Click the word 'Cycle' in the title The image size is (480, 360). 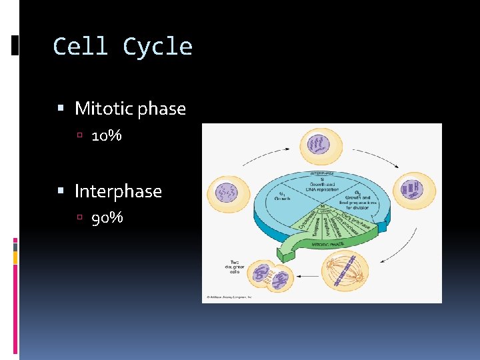click(x=157, y=47)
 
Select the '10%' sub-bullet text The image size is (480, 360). click(x=107, y=136)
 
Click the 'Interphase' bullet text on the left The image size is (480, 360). click(x=118, y=191)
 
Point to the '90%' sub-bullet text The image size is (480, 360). click(x=107, y=218)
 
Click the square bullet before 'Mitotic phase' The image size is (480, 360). click(x=61, y=108)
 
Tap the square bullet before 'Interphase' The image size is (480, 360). click(x=61, y=191)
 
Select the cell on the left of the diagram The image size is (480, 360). click(x=227, y=194)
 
